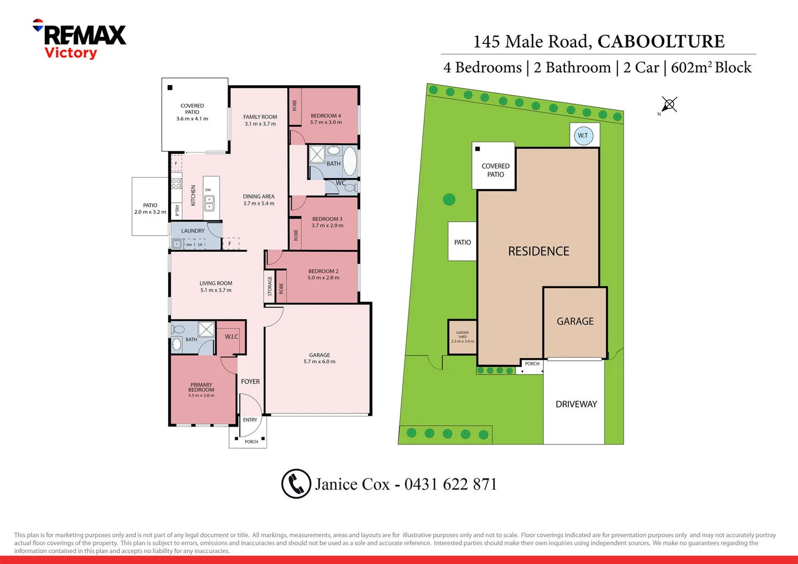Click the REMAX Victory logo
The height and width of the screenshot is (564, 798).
click(79, 40)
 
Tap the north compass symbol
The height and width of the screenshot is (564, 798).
click(669, 104)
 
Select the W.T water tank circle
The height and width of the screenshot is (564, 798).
click(583, 136)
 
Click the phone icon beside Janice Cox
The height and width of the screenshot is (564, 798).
click(296, 484)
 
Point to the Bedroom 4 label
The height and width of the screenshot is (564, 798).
click(325, 119)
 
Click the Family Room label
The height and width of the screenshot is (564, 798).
click(260, 120)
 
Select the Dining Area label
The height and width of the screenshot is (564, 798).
click(259, 200)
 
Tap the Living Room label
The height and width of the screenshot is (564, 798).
click(216, 287)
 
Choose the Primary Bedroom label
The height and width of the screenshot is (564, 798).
click(201, 390)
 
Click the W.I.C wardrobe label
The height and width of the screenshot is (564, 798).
click(231, 337)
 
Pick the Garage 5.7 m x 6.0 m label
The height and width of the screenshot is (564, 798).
click(319, 358)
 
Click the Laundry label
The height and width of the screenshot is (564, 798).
click(193, 231)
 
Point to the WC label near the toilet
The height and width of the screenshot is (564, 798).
click(341, 183)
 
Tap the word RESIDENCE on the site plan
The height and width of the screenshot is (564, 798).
click(538, 251)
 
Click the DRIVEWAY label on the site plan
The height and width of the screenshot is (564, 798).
click(576, 404)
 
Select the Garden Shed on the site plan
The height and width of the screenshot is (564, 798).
click(462, 337)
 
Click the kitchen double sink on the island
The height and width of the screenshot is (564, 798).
click(209, 203)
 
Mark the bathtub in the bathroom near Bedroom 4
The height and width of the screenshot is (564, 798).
click(350, 161)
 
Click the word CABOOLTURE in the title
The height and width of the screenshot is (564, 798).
click(661, 41)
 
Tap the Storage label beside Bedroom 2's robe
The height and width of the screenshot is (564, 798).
click(269, 286)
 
